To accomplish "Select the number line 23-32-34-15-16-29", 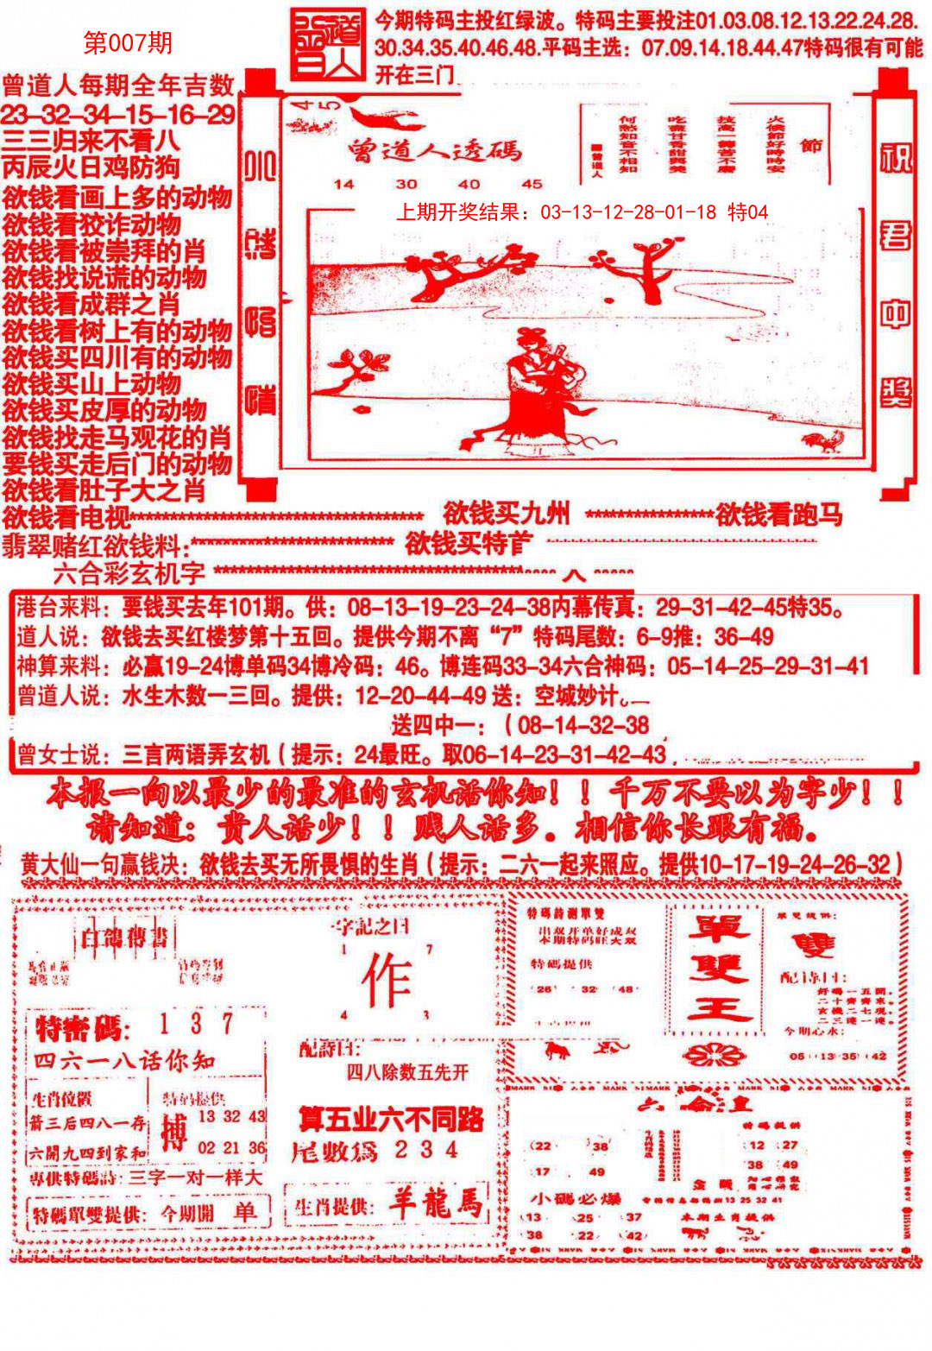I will pyautogui.click(x=118, y=114).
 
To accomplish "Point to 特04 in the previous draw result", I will pyautogui.click(x=747, y=212).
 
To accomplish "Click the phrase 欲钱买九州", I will pyautogui.click(x=507, y=514).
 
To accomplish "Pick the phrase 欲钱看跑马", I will pyautogui.click(x=778, y=515).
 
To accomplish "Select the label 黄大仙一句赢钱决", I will pyautogui.click(x=105, y=864).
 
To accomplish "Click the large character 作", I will pyautogui.click(x=386, y=982).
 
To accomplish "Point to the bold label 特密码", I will pyautogui.click(x=82, y=1028).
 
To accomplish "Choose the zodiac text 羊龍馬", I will pyautogui.click(x=434, y=1203).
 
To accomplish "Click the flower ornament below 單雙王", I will pyautogui.click(x=712, y=1053).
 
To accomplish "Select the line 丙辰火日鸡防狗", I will pyautogui.click(x=91, y=167).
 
